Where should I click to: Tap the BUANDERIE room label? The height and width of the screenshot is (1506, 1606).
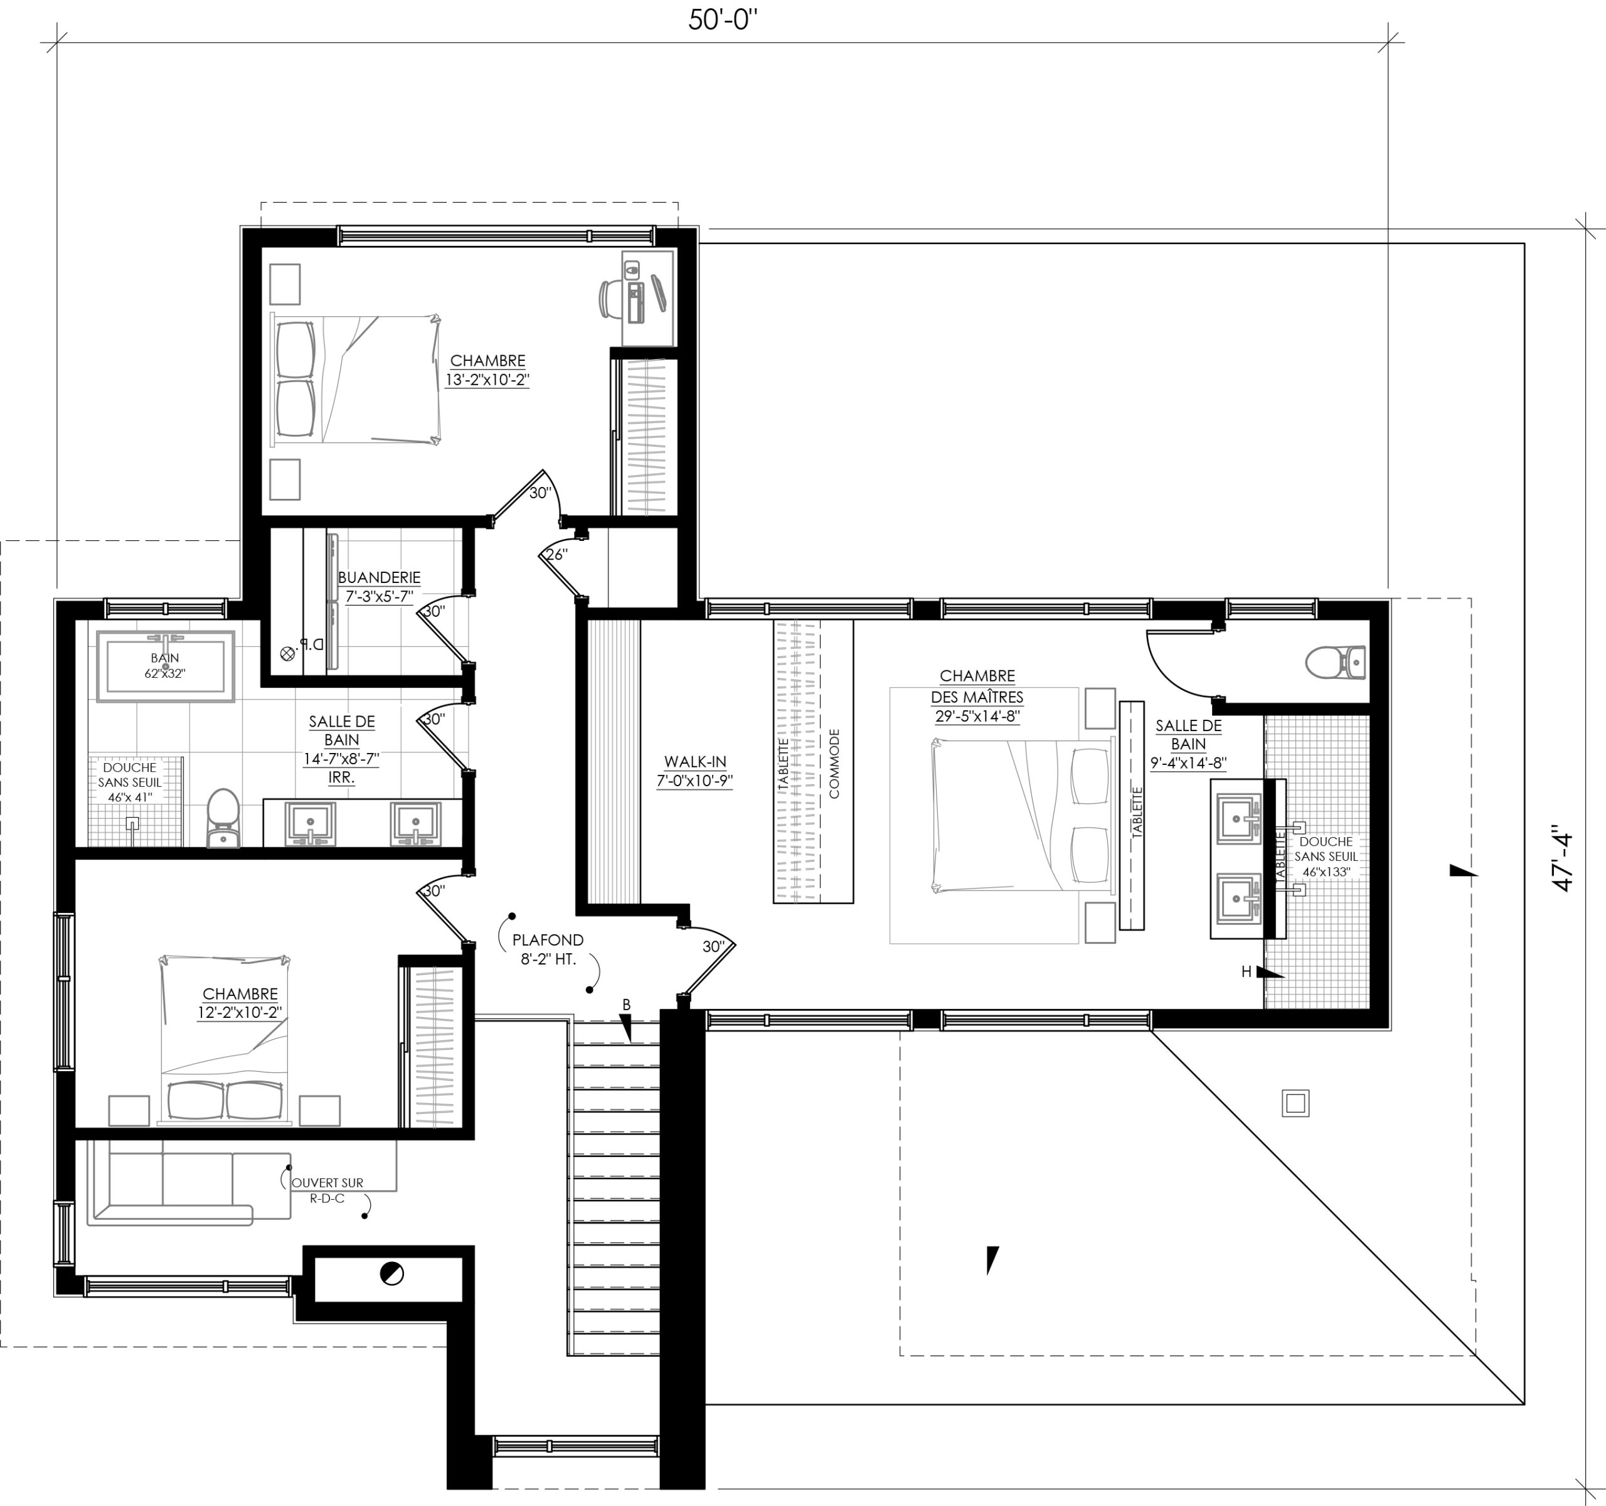[379, 579]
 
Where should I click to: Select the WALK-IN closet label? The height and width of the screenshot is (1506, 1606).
[694, 762]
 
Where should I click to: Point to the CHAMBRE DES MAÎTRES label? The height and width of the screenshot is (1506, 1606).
[977, 686]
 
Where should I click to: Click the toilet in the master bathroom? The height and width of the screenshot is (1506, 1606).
[1336, 663]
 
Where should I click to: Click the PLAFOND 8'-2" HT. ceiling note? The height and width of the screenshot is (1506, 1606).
[548, 949]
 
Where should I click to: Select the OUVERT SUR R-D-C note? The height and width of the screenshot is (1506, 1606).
[327, 1190]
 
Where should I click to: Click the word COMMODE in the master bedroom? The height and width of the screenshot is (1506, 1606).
[834, 764]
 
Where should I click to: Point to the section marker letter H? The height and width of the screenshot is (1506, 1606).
[1247, 972]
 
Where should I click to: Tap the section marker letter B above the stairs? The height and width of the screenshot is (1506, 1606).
[626, 1004]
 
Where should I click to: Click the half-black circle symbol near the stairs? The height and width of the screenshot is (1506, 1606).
[391, 1274]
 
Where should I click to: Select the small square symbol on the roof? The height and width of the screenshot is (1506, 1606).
[1295, 1103]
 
